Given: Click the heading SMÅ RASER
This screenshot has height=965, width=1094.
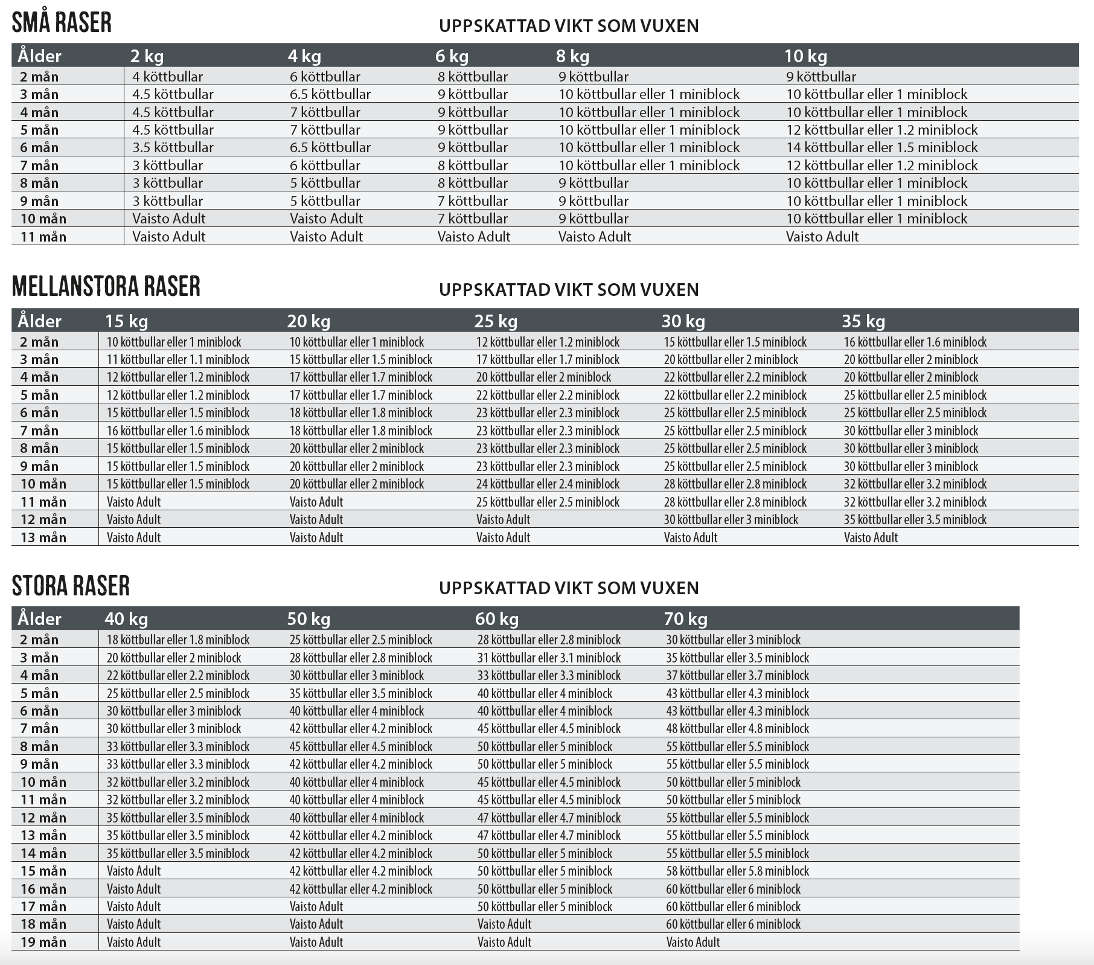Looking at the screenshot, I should pyautogui.click(x=62, y=23).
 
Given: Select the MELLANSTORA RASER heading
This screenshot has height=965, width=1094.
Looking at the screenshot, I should pyautogui.click(x=106, y=286).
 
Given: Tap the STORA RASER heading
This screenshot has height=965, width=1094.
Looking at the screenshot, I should pyautogui.click(x=71, y=586).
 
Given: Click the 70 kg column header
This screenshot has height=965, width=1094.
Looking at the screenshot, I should pyautogui.click(x=685, y=619).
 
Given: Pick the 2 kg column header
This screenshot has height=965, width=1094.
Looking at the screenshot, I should pyautogui.click(x=147, y=56).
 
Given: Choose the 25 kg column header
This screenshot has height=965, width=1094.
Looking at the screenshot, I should pyautogui.click(x=496, y=321).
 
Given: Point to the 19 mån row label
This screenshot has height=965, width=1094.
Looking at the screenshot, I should pyautogui.click(x=43, y=942).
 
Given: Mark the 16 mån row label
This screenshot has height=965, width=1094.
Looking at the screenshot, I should pyautogui.click(x=43, y=889).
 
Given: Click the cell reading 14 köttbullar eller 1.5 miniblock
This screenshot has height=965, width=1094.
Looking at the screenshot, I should pyautogui.click(x=881, y=147).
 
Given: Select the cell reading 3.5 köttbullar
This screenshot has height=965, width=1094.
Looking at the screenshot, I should pyautogui.click(x=173, y=147).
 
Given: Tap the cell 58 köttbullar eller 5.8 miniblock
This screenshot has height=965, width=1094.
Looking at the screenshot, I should pyautogui.click(x=737, y=871).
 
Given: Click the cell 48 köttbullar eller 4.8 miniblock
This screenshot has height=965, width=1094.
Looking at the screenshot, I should pyautogui.click(x=737, y=728).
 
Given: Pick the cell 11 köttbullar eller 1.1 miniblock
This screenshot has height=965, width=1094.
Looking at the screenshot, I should pyautogui.click(x=178, y=359).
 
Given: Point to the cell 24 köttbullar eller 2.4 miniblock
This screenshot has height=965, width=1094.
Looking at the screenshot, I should pyautogui.click(x=548, y=484).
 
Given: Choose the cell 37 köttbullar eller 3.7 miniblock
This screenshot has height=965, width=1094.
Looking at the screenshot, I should pyautogui.click(x=737, y=675).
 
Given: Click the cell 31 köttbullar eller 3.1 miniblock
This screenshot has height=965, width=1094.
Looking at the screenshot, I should pyautogui.click(x=549, y=658).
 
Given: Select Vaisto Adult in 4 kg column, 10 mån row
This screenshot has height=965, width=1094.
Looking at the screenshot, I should pyautogui.click(x=326, y=219).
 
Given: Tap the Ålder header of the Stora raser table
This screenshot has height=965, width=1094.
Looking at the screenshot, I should pyautogui.click(x=39, y=619).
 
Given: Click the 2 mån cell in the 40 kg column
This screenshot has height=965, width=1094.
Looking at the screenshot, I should pyautogui.click(x=178, y=640).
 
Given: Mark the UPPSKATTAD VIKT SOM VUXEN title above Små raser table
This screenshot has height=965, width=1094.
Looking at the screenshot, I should pyautogui.click(x=568, y=26).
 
